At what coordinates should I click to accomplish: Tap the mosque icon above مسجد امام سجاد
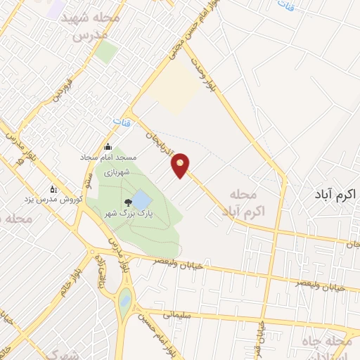coord(108,147)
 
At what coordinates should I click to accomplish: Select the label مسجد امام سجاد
coord(106,158)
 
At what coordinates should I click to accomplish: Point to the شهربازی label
coord(113,171)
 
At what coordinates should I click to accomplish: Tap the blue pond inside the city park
coord(141,198)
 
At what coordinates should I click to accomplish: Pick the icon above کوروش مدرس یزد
coord(52,188)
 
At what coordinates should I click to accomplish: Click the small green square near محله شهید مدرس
coord(107,51)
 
